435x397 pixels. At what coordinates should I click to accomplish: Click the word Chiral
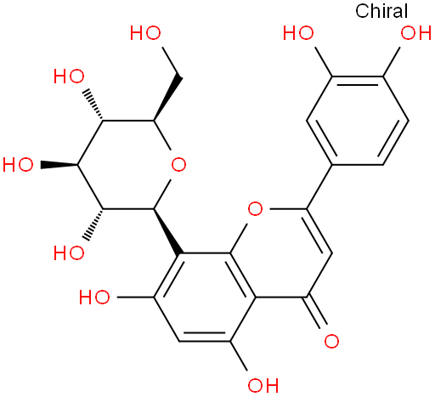tap(381, 11)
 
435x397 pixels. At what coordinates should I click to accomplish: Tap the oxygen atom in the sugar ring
tap(178, 165)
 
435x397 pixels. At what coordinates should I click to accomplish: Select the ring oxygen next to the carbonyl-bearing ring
tap(255, 209)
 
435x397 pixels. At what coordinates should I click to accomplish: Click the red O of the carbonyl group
tap(331, 341)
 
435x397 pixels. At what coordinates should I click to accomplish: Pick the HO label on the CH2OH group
tap(145, 33)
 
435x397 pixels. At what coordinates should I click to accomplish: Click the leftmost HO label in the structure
tap(18, 165)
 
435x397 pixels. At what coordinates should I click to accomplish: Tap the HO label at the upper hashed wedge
tap(69, 77)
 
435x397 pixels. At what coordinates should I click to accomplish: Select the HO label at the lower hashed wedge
tap(69, 252)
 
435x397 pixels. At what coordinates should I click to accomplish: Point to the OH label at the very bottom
tap(263, 385)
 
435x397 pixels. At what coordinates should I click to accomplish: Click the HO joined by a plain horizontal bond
tap(94, 297)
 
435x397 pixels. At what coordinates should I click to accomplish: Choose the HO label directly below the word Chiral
tap(298, 33)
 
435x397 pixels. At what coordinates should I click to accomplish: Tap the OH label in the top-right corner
tap(415, 33)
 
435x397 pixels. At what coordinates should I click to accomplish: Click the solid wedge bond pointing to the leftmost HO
tap(59, 165)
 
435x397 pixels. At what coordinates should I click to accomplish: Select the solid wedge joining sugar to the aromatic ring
tap(167, 231)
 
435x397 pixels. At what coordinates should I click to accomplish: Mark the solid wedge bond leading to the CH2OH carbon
tap(167, 98)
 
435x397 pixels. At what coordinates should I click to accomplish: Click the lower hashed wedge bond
tap(93, 225)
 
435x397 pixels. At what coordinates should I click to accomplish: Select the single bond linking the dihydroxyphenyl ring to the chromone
tap(319, 187)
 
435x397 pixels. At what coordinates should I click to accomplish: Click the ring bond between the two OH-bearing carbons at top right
tap(358, 77)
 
